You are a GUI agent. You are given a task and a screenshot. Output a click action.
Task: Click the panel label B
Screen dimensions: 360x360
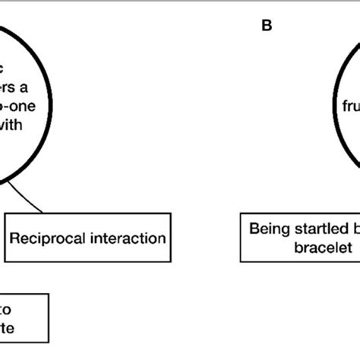(x=267, y=26)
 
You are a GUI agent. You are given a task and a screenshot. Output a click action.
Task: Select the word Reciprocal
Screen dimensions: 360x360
(x=44, y=238)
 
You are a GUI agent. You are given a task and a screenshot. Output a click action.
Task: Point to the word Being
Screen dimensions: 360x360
(x=267, y=227)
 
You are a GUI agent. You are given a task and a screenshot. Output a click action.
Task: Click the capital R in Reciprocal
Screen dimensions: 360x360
(x=14, y=238)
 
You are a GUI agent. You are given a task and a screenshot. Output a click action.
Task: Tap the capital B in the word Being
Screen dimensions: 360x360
(x=254, y=227)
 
